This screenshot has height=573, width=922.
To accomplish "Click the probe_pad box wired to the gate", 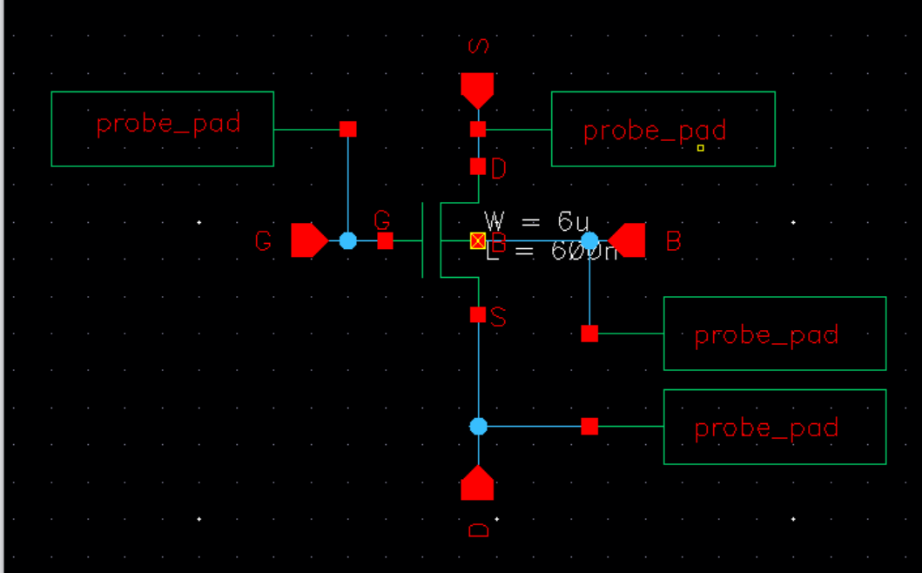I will [163, 129].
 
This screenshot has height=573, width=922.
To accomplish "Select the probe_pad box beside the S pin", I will [663, 129].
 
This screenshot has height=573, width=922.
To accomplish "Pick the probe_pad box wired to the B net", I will [775, 334].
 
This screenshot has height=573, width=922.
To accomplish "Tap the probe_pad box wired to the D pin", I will [775, 427].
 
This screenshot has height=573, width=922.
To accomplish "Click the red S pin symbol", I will [477, 89].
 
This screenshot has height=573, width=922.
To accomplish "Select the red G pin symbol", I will [308, 240].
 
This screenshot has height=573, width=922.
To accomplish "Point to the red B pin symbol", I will [628, 240].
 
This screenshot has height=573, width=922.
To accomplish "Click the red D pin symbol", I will [477, 483].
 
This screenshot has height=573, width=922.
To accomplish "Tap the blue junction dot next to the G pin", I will [347, 240].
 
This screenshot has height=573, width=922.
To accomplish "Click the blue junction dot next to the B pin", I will [589, 240].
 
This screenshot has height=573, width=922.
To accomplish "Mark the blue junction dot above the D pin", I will [478, 426].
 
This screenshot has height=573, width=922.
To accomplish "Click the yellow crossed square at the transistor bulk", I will [477, 240].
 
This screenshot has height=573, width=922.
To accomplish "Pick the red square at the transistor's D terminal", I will [477, 166].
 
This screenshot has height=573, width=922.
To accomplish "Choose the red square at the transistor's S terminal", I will [477, 314].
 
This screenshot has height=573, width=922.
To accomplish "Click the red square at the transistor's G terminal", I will [385, 240].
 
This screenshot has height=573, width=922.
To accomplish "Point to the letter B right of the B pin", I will [673, 241].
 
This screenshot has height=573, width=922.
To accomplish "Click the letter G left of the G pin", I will [263, 241].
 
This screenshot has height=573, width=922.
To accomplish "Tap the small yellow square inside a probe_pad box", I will [700, 148].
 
